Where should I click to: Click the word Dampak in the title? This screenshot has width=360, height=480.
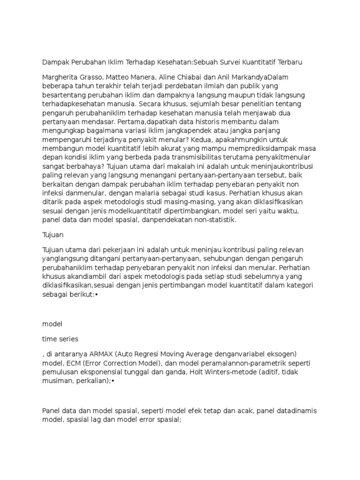55,62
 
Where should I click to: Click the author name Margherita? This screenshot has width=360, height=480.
60,77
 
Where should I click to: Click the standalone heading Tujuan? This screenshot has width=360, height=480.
52,234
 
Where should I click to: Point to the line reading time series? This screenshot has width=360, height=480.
60,338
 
